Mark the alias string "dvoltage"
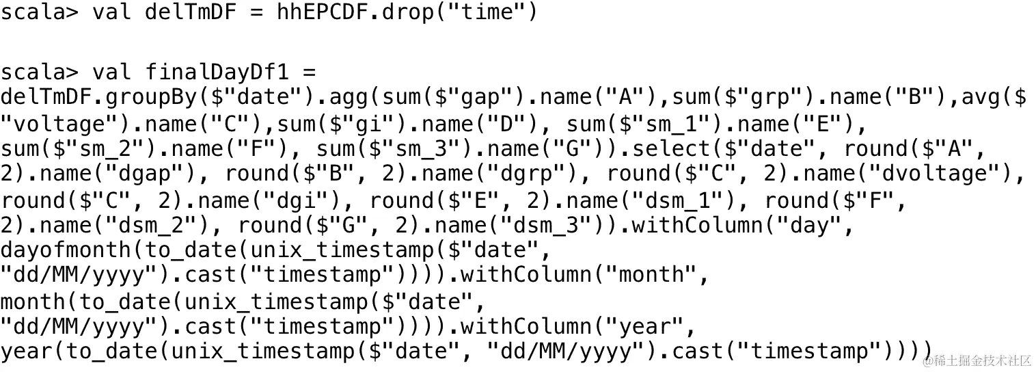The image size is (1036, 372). [x=940, y=174]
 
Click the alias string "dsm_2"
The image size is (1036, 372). [x=152, y=225]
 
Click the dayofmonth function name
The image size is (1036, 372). [x=66, y=250]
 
